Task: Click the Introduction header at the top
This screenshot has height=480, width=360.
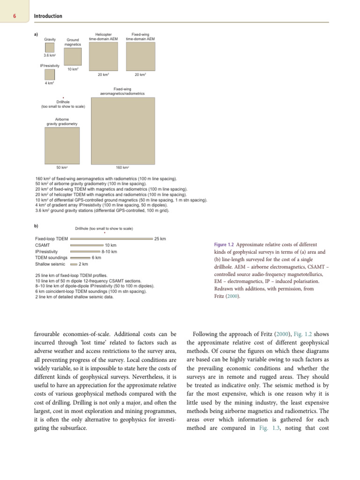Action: pyautogui.click(x=48, y=16)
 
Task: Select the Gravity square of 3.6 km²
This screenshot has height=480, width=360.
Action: pyautogui.click(x=50, y=48)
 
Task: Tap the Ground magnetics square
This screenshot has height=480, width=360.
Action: pyautogui.click(x=72, y=57)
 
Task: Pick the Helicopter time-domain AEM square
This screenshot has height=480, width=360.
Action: pyautogui.click(x=103, y=57)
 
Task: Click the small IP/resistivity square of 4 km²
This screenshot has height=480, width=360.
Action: pyautogui.click(x=50, y=75)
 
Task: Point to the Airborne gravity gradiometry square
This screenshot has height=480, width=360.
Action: pyautogui.click(x=62, y=145)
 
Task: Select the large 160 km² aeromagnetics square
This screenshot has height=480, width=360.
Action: pyautogui.click(x=122, y=130)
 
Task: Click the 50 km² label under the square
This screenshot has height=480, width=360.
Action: pyautogui.click(x=62, y=167)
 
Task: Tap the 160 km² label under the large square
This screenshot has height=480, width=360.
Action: pyautogui.click(x=122, y=167)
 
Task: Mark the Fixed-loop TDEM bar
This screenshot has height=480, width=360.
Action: pyautogui.click(x=111, y=239)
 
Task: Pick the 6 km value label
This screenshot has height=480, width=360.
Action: pyautogui.click(x=97, y=257)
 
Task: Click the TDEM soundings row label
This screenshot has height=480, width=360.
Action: pyautogui.click(x=52, y=257)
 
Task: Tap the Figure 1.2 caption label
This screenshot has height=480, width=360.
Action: pyautogui.click(x=224, y=245)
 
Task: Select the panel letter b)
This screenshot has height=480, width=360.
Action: pyautogui.click(x=36, y=225)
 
